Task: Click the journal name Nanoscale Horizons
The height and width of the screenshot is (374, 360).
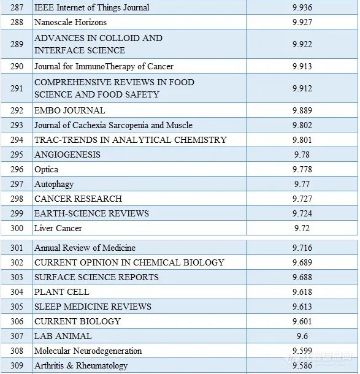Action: [71, 22]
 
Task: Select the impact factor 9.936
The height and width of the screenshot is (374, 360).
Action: [302, 7]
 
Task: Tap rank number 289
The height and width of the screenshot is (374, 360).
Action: [17, 44]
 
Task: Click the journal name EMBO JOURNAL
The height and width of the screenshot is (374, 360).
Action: [70, 110]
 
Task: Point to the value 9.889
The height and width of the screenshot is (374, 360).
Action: [302, 110]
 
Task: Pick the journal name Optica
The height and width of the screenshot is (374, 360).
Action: [46, 170]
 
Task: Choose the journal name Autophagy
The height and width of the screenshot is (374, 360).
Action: [54, 185]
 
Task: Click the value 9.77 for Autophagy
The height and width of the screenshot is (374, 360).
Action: [302, 184]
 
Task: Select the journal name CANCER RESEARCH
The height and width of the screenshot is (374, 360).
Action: [79, 199]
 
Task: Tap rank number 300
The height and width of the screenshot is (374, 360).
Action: [17, 228]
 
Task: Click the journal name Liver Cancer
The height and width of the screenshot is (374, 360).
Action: [58, 228]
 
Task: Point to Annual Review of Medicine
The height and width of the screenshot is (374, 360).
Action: [85, 248]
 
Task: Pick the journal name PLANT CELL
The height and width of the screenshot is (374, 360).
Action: [62, 292]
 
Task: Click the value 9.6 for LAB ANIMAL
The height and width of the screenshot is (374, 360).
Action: [302, 336]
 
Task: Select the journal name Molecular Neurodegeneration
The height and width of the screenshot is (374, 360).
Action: [88, 351]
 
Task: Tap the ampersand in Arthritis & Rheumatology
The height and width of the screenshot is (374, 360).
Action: [70, 365]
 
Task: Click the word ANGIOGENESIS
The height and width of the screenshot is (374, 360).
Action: [67, 155]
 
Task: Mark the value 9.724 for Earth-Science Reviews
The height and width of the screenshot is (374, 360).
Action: [302, 213]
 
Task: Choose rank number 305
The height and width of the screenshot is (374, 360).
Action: [17, 307]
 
